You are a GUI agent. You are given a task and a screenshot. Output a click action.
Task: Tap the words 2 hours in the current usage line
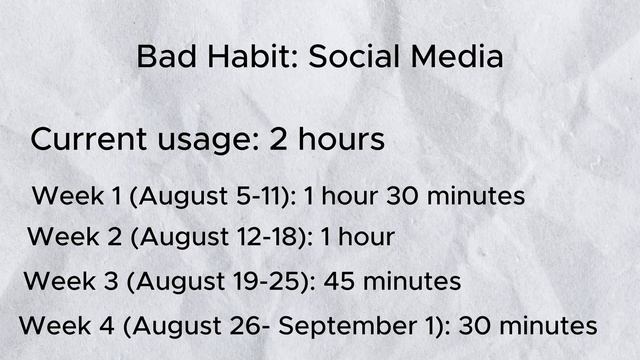coord(327,139)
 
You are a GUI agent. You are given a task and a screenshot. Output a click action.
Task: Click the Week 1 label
coord(78,195)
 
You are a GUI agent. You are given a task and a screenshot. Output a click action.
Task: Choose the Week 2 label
coord(74,238)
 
